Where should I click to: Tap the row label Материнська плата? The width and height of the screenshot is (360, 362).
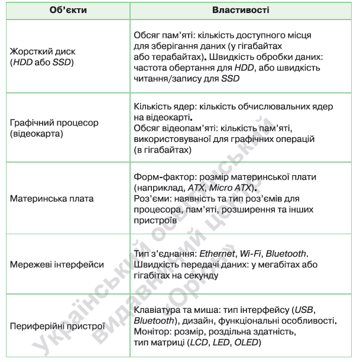coord(52,198)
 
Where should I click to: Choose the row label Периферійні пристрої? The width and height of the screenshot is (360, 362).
coord(57,325)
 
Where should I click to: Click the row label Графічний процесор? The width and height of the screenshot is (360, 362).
coord(54,122)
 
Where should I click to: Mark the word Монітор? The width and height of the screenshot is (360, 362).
coord(152,332)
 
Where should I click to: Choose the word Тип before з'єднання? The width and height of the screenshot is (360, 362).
coord(142,254)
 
